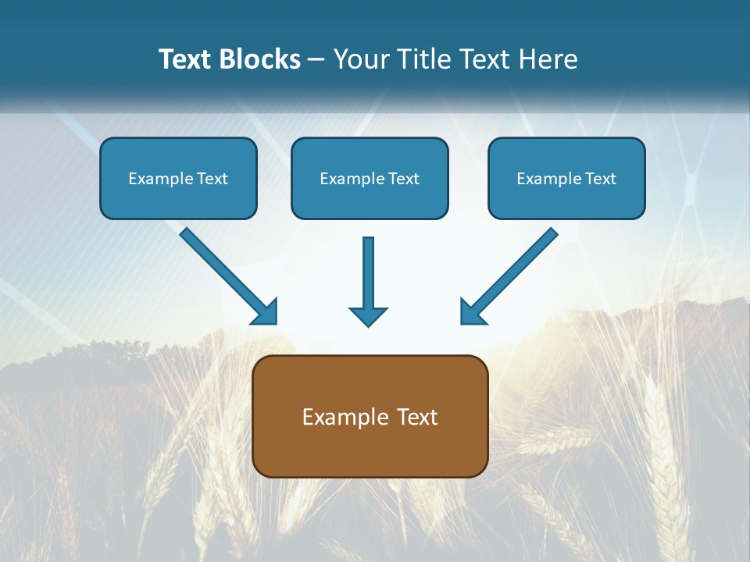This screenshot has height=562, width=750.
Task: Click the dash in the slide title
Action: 316,60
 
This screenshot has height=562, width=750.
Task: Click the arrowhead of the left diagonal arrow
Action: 266,312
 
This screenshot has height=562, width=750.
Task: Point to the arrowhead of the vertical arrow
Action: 368,316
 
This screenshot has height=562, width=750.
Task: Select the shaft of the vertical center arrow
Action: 368,270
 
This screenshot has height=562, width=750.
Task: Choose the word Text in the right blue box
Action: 601,179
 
